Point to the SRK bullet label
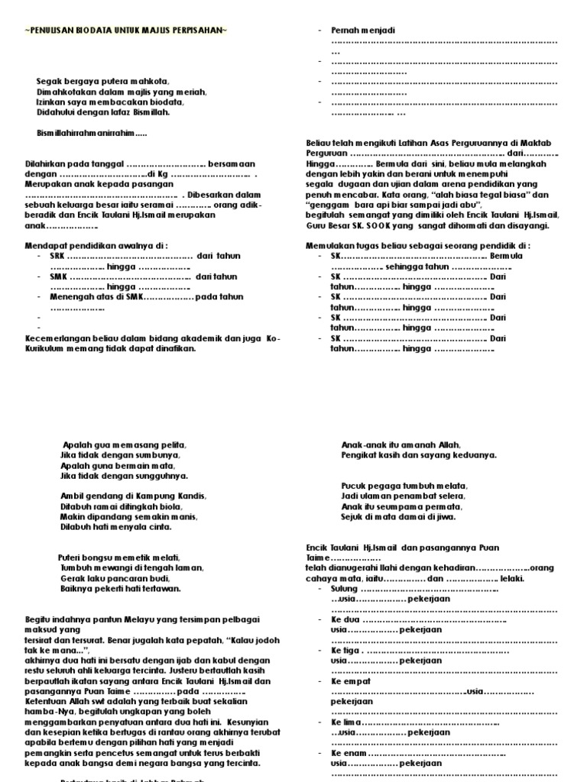point(57,256)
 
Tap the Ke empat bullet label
point(351,680)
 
